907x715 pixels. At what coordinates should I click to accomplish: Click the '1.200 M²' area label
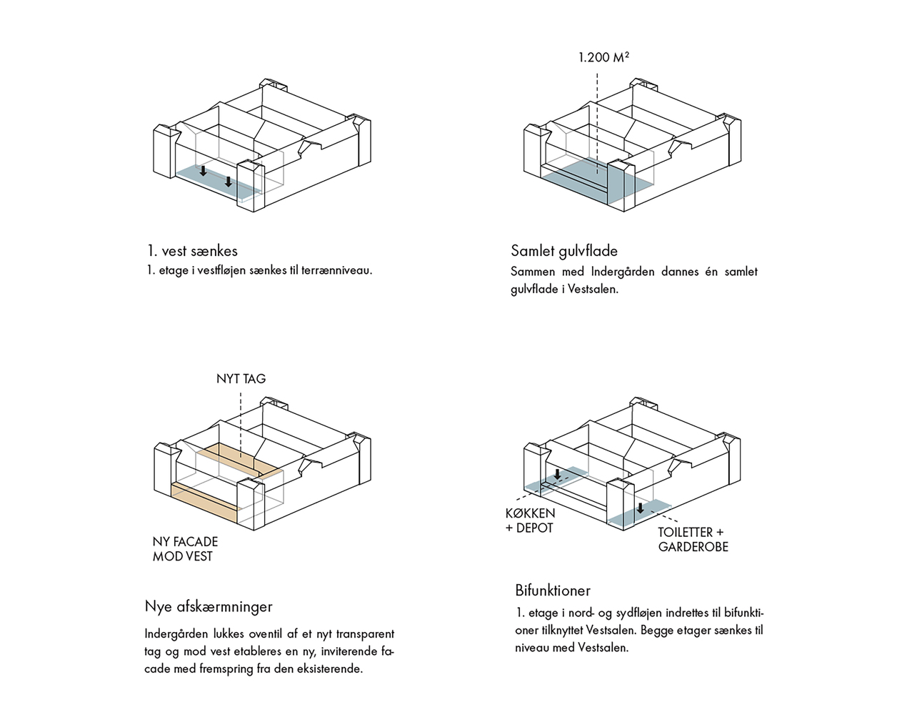[603, 57]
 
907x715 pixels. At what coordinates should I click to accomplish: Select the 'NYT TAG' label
[241, 379]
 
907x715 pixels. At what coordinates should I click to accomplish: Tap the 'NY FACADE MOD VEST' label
[185, 549]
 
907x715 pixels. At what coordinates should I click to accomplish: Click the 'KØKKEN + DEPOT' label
[530, 521]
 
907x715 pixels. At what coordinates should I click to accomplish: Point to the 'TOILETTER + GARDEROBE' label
[693, 540]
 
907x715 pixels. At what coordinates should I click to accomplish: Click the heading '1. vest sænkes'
[192, 251]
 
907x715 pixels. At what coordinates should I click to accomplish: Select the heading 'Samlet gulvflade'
[563, 251]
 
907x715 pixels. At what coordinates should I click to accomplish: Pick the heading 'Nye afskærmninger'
[209, 606]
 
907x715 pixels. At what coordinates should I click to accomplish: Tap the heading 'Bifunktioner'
[553, 591]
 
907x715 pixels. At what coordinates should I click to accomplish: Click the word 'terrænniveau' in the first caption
[336, 271]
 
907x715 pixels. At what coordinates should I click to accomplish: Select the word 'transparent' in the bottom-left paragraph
[365, 634]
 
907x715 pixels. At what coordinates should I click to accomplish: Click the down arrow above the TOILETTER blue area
[641, 508]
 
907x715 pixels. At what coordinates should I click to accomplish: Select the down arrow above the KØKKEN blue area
[557, 474]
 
